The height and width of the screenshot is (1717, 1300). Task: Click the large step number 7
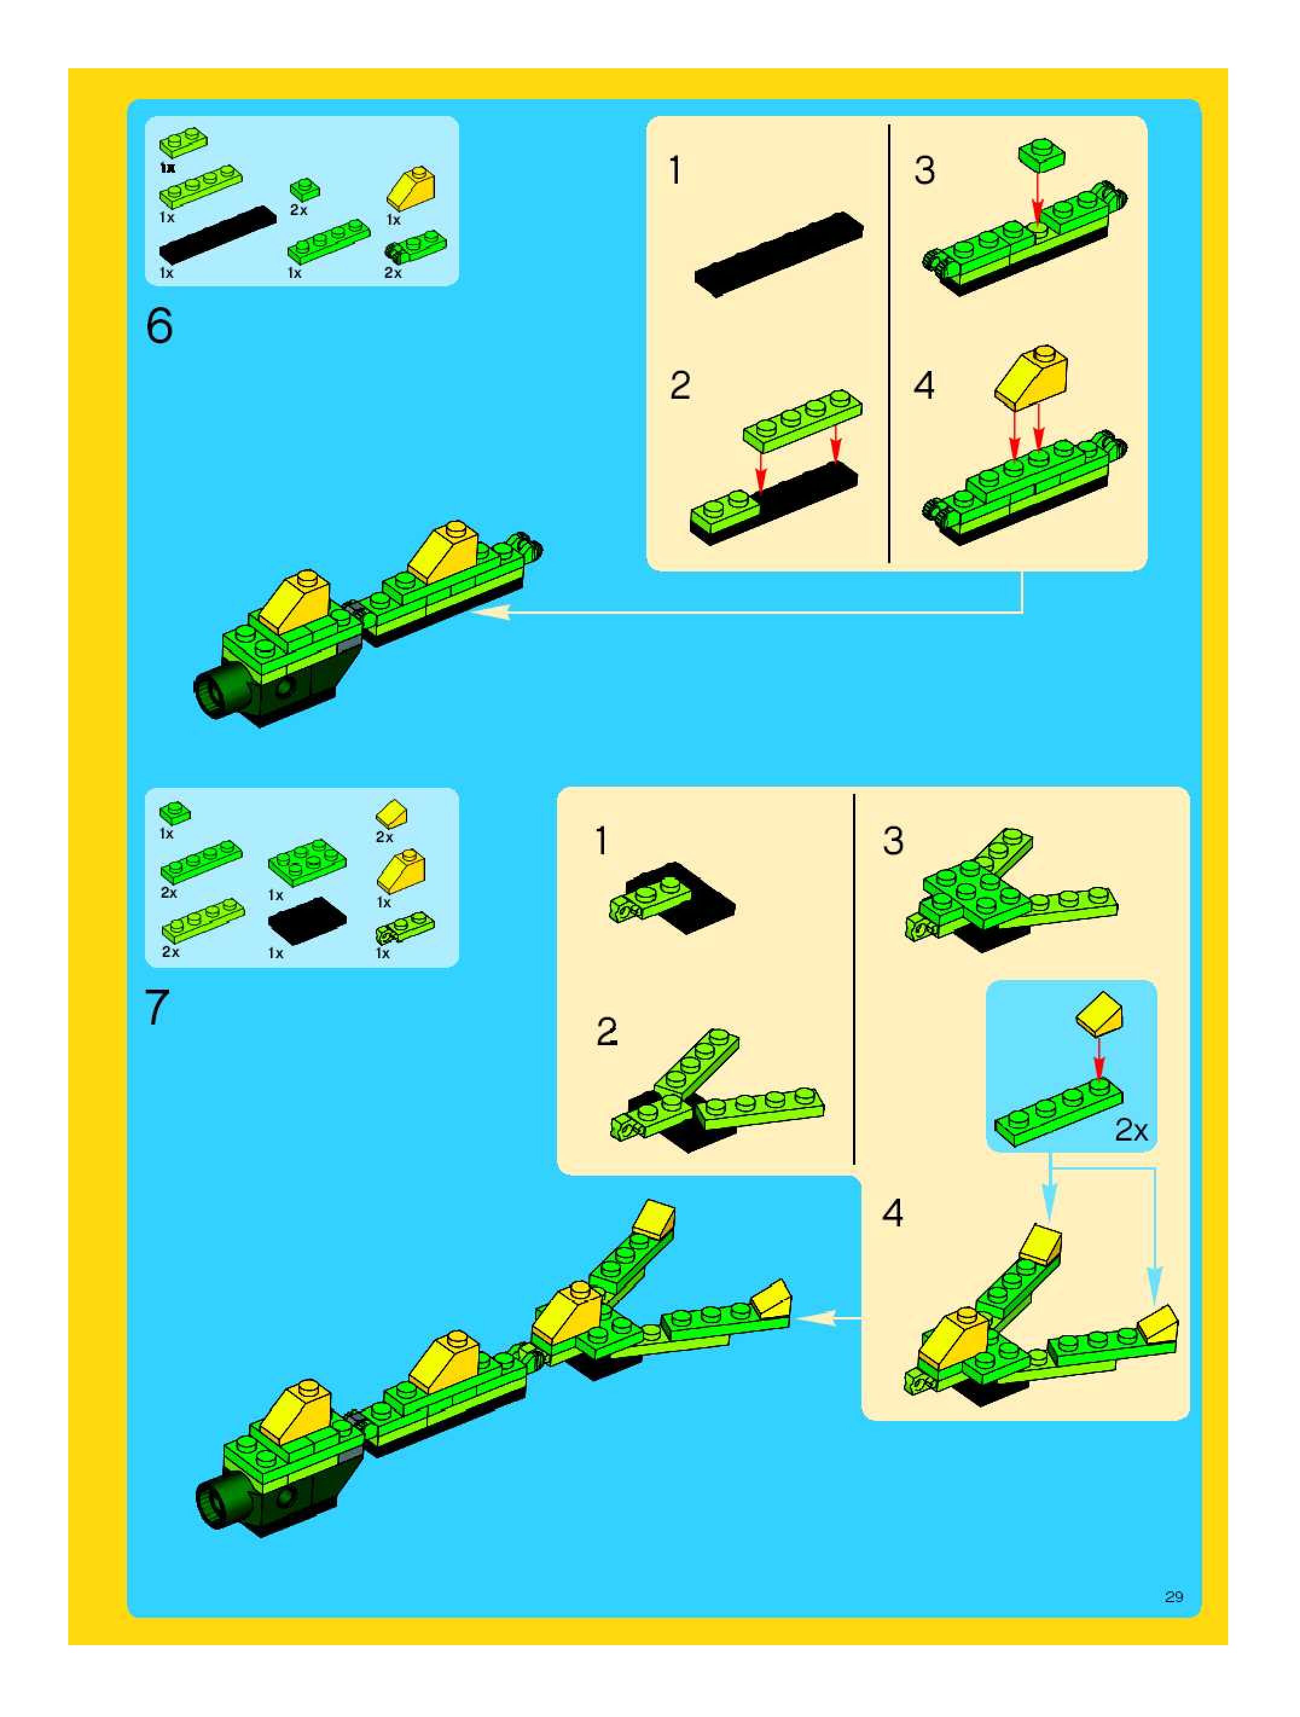[158, 1008]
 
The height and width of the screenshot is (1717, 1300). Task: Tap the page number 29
[1174, 1596]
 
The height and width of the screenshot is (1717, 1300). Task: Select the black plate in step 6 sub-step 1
[779, 253]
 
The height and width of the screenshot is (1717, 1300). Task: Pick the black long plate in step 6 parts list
[217, 234]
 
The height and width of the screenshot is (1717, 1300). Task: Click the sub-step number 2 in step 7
[607, 1031]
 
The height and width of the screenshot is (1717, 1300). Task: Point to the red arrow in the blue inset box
[1098, 1058]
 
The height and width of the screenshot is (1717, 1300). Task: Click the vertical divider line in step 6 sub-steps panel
[889, 343]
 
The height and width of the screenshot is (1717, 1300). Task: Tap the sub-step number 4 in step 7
[892, 1213]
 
